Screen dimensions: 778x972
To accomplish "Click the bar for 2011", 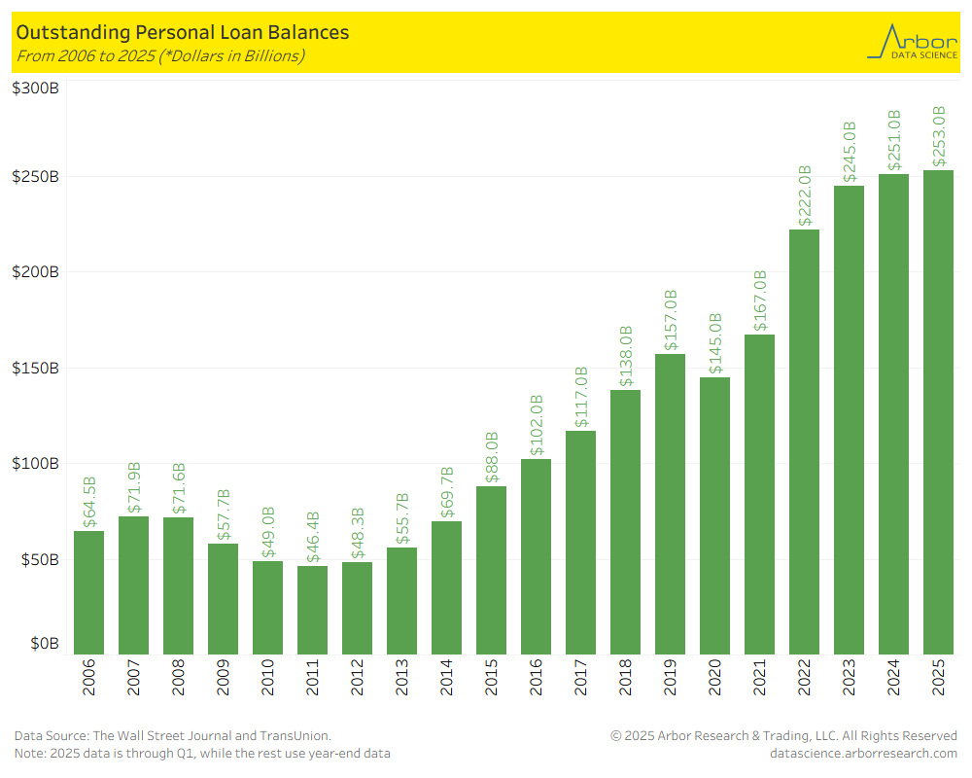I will [x=312, y=610].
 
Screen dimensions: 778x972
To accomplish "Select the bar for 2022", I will [x=804, y=442].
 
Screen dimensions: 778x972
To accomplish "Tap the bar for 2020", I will [x=714, y=515].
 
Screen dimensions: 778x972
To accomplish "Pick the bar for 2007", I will [x=133, y=584].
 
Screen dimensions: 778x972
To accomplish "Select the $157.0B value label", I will [x=670, y=320].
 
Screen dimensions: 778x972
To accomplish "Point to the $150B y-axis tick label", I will [x=35, y=369].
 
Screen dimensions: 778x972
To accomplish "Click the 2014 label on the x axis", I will [x=446, y=678].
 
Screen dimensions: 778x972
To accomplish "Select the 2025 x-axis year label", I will [x=938, y=678].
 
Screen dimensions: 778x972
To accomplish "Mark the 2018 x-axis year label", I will [x=625, y=678].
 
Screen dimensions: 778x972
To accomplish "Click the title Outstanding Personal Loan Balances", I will [x=182, y=33].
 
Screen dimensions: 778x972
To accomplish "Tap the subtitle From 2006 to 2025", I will [x=160, y=55].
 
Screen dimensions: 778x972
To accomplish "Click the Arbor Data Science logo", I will [x=912, y=43].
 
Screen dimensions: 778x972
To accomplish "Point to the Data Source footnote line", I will [x=172, y=736].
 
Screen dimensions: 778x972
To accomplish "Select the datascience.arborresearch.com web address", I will [x=863, y=753].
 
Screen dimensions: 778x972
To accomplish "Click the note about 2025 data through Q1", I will [x=202, y=754].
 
